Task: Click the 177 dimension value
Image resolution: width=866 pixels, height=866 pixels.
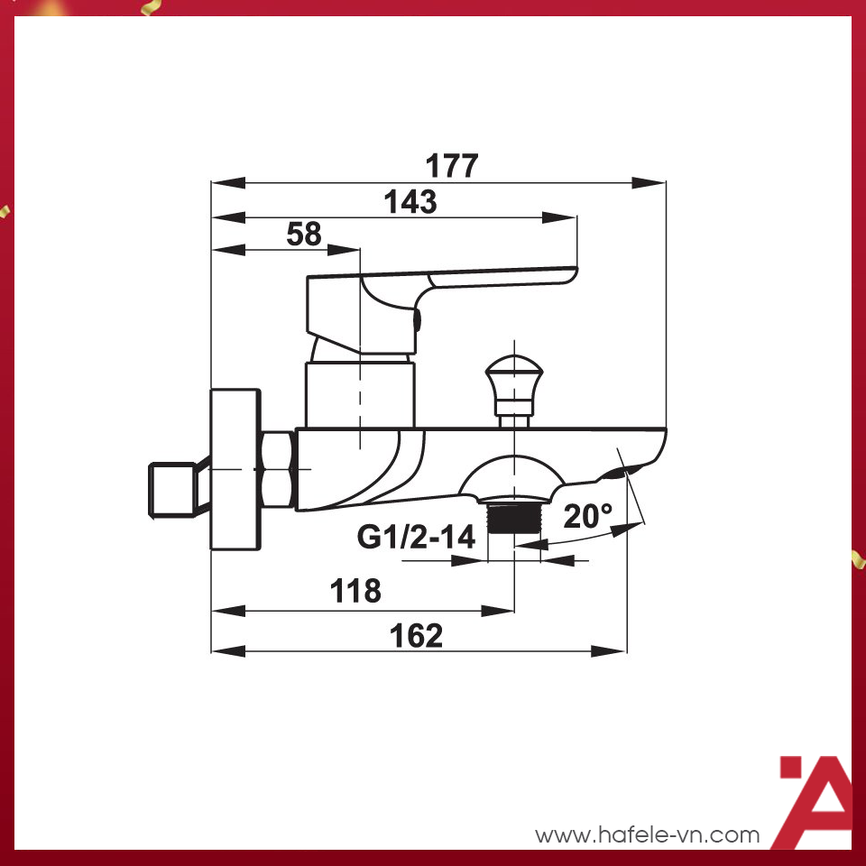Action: point(452,166)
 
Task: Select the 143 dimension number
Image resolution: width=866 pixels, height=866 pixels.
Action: point(410,202)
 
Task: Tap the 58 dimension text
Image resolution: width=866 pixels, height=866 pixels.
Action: point(304,235)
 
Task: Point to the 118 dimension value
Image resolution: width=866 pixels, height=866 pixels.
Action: point(356,592)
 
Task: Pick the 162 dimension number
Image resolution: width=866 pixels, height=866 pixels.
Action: point(417,635)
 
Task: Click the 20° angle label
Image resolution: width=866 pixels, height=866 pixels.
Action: point(588,516)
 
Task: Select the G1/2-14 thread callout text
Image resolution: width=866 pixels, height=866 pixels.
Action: point(416,538)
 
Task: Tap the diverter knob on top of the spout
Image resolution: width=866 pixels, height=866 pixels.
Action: point(513,376)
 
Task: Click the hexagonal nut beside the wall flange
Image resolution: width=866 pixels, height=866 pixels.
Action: point(276,469)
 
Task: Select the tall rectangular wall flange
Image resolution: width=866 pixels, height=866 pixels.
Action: point(235,469)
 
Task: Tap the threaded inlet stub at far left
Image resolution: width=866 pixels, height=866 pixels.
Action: point(173,491)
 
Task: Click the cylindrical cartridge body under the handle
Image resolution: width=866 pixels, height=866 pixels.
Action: point(360,392)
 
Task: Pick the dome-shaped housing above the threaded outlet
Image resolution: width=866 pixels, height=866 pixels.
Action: point(512,478)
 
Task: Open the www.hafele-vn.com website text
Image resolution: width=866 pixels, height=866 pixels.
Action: point(648,835)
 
